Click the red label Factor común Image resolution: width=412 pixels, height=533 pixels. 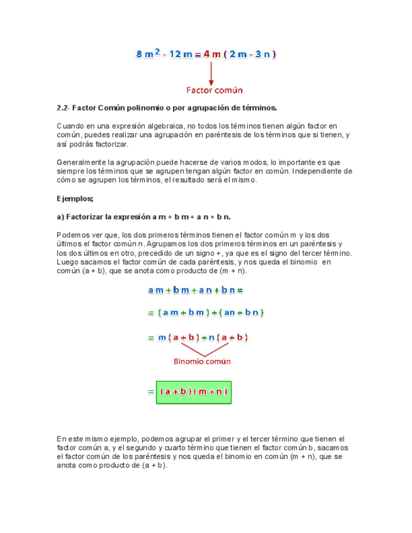coord(214,91)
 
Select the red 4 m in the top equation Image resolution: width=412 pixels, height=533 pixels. coord(212,54)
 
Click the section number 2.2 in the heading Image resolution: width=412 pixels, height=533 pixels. coord(62,107)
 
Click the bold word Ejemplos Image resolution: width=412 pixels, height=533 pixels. coord(75,199)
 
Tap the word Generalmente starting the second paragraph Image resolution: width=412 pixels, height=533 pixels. coord(81,162)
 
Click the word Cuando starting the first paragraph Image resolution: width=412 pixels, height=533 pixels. coord(69,126)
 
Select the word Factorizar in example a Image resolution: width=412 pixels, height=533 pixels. coord(86,217)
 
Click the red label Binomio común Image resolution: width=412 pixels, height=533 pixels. coord(202,361)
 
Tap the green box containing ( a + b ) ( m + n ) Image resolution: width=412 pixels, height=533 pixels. coord(194,392)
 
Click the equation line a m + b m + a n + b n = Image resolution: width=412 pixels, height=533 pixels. coord(195,290)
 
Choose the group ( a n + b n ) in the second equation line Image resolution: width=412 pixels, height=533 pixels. coord(243,312)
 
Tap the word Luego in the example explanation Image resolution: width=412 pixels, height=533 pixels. coord(67,262)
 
